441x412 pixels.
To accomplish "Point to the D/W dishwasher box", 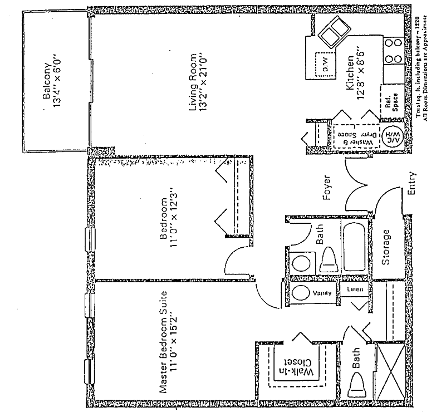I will click(322, 63).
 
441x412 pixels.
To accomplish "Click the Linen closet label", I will click(356, 290).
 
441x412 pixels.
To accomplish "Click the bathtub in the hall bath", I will click(354, 246).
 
